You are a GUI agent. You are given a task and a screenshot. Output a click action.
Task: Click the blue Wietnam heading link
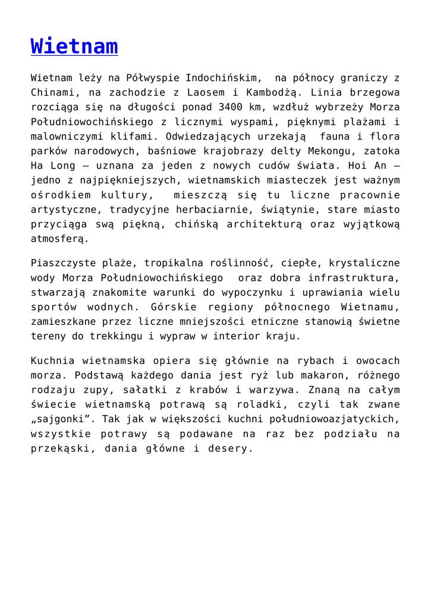(x=74, y=46)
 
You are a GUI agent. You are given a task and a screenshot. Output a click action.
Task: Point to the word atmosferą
(x=59, y=239)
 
